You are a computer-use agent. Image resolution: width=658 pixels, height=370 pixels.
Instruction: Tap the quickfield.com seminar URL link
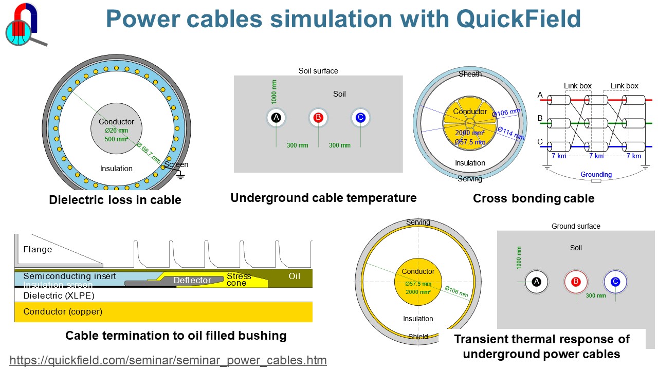click(x=168, y=360)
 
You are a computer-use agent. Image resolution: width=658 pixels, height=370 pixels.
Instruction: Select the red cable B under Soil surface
click(x=318, y=118)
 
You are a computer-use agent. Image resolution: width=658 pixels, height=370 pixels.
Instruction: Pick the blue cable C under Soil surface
click(x=360, y=118)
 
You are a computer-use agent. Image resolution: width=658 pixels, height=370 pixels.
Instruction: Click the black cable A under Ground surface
click(x=537, y=282)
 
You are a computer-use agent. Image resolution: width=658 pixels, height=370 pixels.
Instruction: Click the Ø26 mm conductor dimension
click(x=116, y=131)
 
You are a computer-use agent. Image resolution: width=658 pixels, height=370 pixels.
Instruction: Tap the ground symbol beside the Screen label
click(x=180, y=175)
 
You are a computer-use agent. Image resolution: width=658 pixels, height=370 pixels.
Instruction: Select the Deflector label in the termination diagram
click(x=192, y=280)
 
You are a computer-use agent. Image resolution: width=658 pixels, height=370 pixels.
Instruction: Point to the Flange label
click(x=38, y=250)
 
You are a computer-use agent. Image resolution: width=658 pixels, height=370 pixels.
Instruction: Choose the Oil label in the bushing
click(x=294, y=276)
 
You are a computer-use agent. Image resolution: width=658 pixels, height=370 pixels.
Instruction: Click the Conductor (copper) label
click(x=63, y=311)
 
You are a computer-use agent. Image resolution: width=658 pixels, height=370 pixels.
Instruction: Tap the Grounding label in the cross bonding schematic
click(x=596, y=174)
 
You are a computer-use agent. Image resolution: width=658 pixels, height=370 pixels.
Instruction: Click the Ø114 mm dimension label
click(x=510, y=133)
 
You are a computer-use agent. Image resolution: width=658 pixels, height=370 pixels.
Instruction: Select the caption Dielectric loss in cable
click(x=115, y=200)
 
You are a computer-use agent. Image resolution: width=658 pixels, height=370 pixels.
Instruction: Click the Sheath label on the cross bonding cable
click(x=470, y=74)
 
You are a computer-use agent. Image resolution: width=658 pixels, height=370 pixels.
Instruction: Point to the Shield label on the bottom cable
click(x=418, y=337)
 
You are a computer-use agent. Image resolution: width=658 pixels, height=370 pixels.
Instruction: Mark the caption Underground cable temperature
click(x=323, y=198)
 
